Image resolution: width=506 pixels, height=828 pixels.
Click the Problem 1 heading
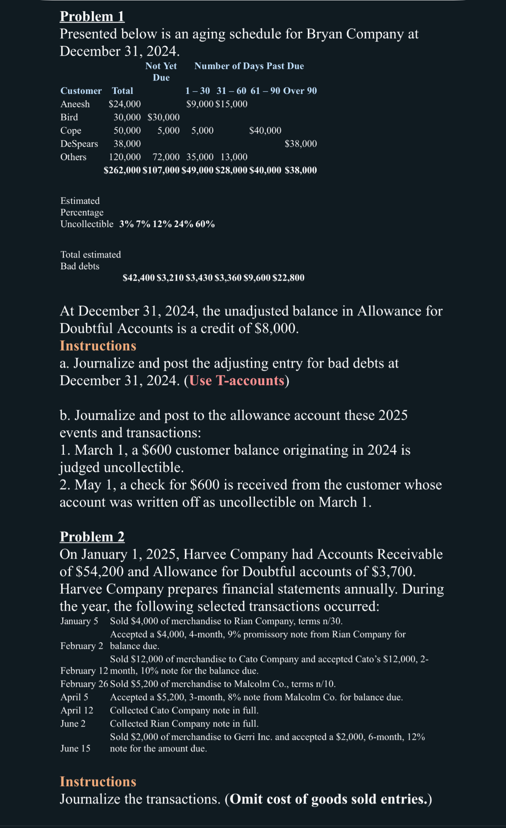tap(92, 17)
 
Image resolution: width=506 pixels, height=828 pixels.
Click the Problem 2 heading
tap(92, 537)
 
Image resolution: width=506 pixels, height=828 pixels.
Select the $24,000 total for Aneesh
tap(125, 104)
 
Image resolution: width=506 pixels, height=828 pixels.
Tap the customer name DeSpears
tap(79, 144)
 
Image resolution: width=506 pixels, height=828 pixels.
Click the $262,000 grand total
tap(122, 170)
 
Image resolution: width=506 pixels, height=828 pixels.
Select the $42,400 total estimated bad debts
tap(139, 278)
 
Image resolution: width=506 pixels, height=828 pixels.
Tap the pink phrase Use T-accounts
tap(237, 380)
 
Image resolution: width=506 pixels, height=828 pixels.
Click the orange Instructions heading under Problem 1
tap(98, 346)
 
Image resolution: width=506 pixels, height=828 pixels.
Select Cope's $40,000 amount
tap(265, 131)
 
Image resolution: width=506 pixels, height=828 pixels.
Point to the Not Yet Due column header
tap(161, 71)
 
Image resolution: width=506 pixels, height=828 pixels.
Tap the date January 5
tap(79, 621)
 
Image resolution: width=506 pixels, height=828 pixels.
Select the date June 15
tap(75, 748)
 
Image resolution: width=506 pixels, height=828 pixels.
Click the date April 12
tap(77, 711)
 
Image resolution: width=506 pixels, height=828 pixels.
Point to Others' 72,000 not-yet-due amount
tap(166, 157)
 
